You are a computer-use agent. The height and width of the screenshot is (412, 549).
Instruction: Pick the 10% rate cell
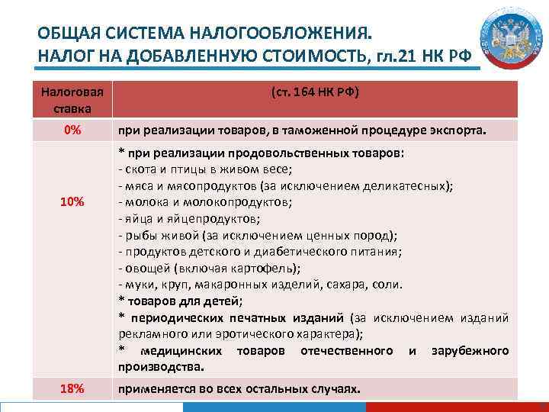point(72,202)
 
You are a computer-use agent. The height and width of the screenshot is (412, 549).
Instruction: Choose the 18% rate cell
point(72,389)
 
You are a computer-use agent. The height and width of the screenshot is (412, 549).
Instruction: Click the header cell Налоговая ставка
point(72,99)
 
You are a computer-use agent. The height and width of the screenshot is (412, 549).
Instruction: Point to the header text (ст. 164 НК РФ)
point(315,92)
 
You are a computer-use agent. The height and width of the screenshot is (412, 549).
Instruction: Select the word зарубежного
point(470,350)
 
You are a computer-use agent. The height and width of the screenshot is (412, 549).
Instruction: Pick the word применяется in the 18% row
point(154,389)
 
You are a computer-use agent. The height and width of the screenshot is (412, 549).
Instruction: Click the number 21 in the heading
point(397,56)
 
